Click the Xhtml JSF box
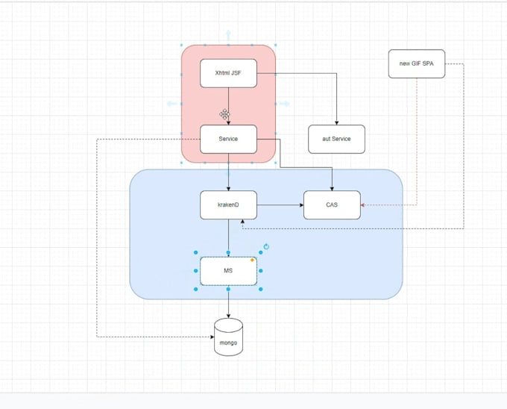tap(228, 72)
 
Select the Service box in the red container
tap(228, 140)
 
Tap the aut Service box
tap(337, 140)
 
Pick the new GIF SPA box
tap(416, 63)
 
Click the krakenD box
tap(228, 205)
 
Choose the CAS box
tap(332, 205)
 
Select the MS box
tap(228, 271)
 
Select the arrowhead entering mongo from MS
tap(228, 315)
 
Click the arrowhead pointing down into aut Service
tap(337, 122)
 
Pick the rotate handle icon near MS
tap(266, 246)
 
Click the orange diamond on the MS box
tap(253, 260)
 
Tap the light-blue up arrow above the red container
tap(228, 34)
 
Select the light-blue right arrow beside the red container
tap(287, 104)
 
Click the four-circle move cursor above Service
tap(224, 113)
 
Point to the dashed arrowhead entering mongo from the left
tap(211, 337)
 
